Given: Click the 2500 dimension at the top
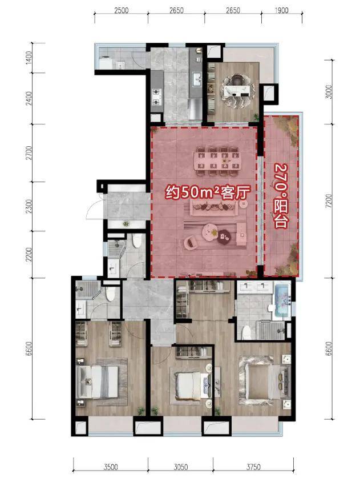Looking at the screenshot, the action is click(x=121, y=10).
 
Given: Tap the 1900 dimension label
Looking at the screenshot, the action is click(x=281, y=10).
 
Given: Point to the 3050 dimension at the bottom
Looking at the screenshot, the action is click(x=181, y=467).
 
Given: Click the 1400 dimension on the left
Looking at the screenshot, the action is click(x=29, y=57).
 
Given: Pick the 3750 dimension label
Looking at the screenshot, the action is click(x=253, y=467).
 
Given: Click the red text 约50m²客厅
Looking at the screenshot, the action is click(x=208, y=192).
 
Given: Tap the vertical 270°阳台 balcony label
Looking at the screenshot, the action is click(x=281, y=196).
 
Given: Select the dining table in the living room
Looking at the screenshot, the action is click(x=217, y=161).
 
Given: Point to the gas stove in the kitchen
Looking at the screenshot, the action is click(x=156, y=97).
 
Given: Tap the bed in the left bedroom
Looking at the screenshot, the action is click(x=97, y=382).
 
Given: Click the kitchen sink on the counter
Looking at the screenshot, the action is click(x=197, y=79).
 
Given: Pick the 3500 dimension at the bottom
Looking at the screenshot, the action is click(x=111, y=467).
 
